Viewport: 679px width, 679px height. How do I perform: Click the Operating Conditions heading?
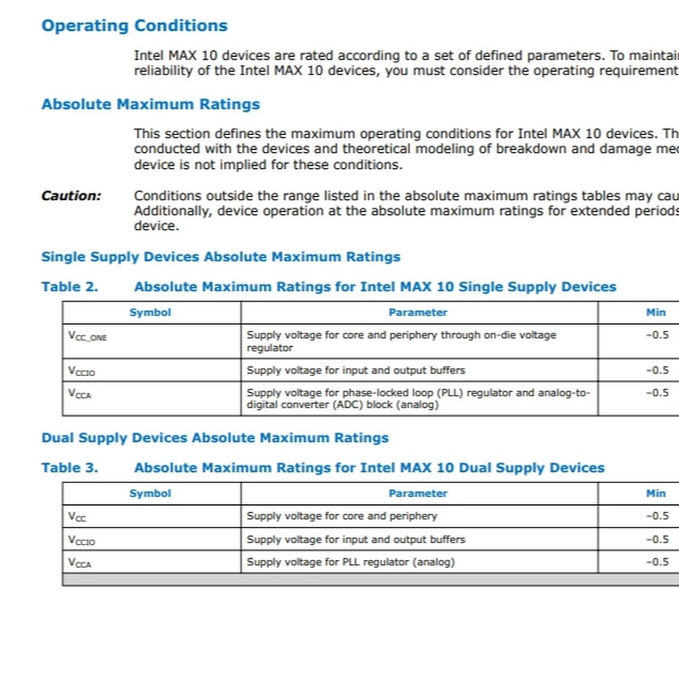(134, 25)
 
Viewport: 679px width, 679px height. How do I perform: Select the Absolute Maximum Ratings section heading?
(150, 104)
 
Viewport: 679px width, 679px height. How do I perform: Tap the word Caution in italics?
(70, 196)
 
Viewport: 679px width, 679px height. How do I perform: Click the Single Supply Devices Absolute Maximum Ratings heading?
(221, 256)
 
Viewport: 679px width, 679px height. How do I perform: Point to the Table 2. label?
(70, 287)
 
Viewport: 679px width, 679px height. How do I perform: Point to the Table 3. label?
(70, 468)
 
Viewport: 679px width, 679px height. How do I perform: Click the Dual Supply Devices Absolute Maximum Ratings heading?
(215, 438)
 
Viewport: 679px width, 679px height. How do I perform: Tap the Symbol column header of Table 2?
(150, 312)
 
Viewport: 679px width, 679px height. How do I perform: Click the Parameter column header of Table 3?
(418, 493)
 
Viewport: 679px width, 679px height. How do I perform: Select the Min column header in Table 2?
(655, 312)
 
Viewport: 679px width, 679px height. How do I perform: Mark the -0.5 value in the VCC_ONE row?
(656, 335)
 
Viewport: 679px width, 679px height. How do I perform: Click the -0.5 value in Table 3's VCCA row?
(656, 562)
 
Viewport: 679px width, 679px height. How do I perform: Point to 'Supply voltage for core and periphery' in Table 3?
(341, 516)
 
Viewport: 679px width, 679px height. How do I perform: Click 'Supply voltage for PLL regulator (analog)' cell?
(351, 562)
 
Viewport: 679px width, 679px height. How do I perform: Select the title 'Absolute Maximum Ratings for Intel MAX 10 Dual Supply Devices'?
(369, 468)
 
